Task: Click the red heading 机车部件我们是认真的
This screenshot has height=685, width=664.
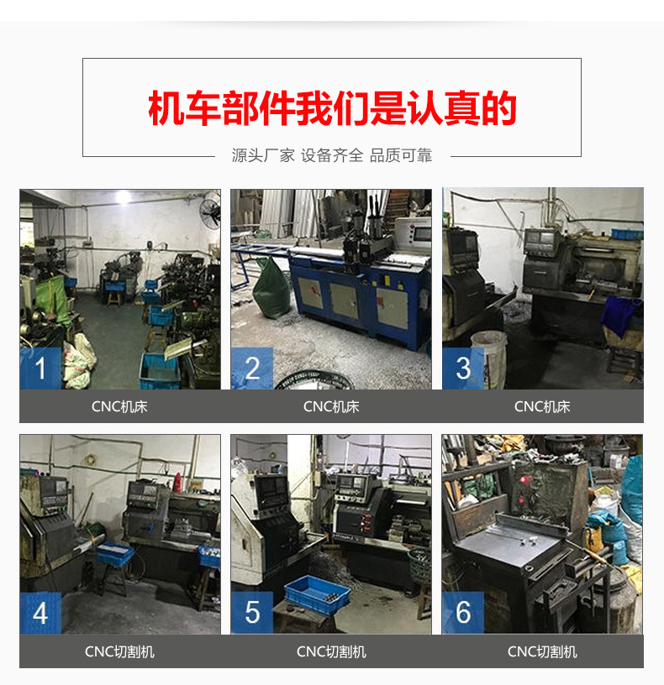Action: click(x=332, y=109)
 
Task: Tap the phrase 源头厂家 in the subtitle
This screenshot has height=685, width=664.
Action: click(x=263, y=155)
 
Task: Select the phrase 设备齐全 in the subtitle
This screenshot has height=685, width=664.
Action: click(x=332, y=155)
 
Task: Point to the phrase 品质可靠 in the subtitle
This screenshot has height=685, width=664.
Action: click(x=401, y=155)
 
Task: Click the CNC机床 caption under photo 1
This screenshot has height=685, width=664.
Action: click(x=119, y=406)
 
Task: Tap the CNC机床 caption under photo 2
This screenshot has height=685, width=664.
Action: click(x=331, y=406)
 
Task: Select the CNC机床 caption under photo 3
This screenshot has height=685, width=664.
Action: click(x=542, y=406)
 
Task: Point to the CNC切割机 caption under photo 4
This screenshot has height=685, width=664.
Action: click(x=119, y=651)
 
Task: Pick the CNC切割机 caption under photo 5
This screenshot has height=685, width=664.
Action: click(x=331, y=651)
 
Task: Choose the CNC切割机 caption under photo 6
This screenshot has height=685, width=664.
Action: click(x=542, y=651)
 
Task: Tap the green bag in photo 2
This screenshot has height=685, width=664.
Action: click(x=271, y=289)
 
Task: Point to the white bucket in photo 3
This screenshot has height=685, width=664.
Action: click(x=489, y=348)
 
